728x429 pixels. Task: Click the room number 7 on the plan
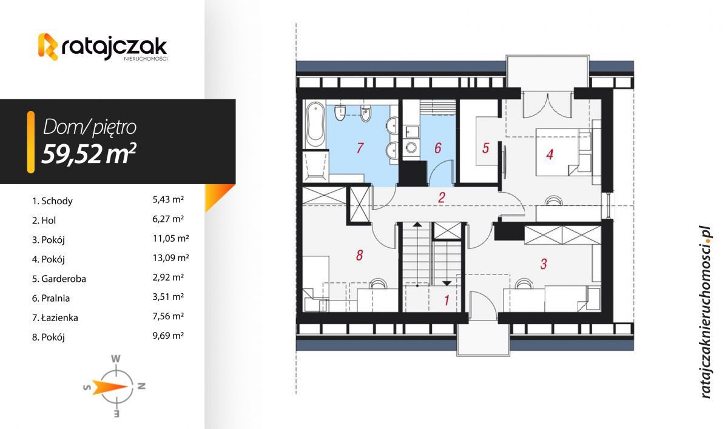360,147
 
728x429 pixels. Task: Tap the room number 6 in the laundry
437,148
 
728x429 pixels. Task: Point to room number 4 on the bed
550,155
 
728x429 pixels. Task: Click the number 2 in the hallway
442,197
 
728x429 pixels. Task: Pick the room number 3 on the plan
544,264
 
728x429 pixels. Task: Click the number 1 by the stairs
447,299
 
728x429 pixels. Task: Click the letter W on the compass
115,358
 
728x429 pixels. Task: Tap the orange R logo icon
48,47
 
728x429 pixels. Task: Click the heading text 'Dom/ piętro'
90,127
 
